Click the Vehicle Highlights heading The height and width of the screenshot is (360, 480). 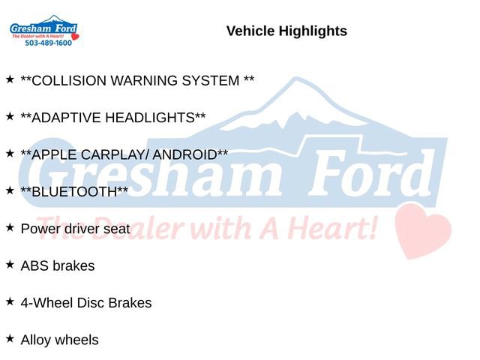point(286,31)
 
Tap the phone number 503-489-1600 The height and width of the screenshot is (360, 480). point(49,43)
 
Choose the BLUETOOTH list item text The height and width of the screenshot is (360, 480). point(74,192)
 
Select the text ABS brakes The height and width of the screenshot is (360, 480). point(58,265)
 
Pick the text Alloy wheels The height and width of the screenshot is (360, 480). point(59,340)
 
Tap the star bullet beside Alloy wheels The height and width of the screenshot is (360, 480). point(10,338)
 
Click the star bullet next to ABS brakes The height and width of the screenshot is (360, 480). point(10,264)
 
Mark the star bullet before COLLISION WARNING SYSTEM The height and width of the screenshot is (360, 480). point(10,79)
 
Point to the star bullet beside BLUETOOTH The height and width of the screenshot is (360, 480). point(10,190)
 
